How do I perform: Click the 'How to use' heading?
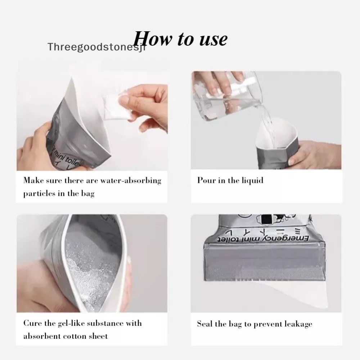coord(180,39)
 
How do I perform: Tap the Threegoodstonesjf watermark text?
coord(96,47)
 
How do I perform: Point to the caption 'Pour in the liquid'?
coord(230,180)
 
